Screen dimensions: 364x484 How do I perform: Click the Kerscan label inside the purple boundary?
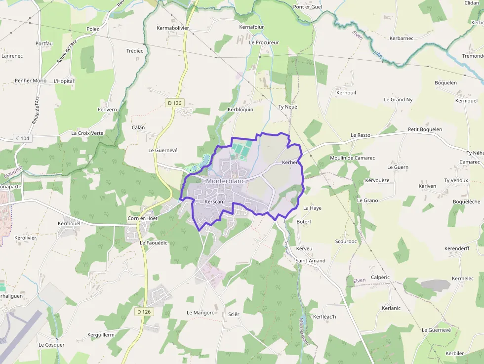(x=214, y=202)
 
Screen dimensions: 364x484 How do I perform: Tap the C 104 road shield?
(x=23, y=139)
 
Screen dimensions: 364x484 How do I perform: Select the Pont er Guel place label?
(x=307, y=7)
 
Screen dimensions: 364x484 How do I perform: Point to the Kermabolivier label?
(x=173, y=28)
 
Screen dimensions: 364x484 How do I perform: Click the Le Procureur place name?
(x=264, y=42)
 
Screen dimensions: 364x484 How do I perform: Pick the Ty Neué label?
(x=288, y=107)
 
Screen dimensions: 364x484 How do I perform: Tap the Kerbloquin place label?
(x=240, y=110)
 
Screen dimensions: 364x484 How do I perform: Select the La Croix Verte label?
(x=87, y=133)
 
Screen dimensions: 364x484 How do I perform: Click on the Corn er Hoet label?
(x=143, y=218)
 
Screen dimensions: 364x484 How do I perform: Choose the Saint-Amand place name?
(x=310, y=261)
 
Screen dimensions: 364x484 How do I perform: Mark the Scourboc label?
(x=346, y=242)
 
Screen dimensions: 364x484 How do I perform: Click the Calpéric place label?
(x=380, y=278)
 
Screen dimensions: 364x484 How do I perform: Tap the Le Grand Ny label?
(x=398, y=100)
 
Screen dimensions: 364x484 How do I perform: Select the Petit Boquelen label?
(x=425, y=129)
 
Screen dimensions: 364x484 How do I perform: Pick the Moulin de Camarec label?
(x=352, y=158)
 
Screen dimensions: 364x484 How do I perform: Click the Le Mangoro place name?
(x=201, y=313)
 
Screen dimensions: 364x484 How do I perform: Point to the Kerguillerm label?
(x=101, y=335)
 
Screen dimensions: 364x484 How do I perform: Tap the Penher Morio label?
(x=31, y=81)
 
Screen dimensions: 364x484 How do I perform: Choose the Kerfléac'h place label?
(x=324, y=317)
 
